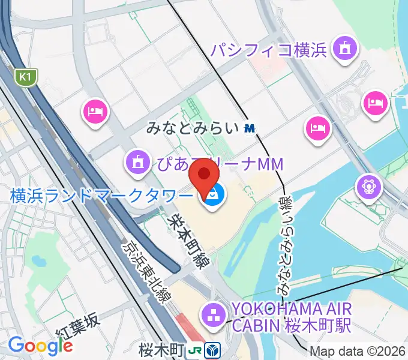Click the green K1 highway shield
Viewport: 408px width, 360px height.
pos(25,77)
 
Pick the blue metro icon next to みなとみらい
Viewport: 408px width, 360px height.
pos(250,128)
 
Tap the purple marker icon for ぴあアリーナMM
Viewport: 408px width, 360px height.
pos(138,161)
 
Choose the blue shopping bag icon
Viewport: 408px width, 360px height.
pos(214,194)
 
